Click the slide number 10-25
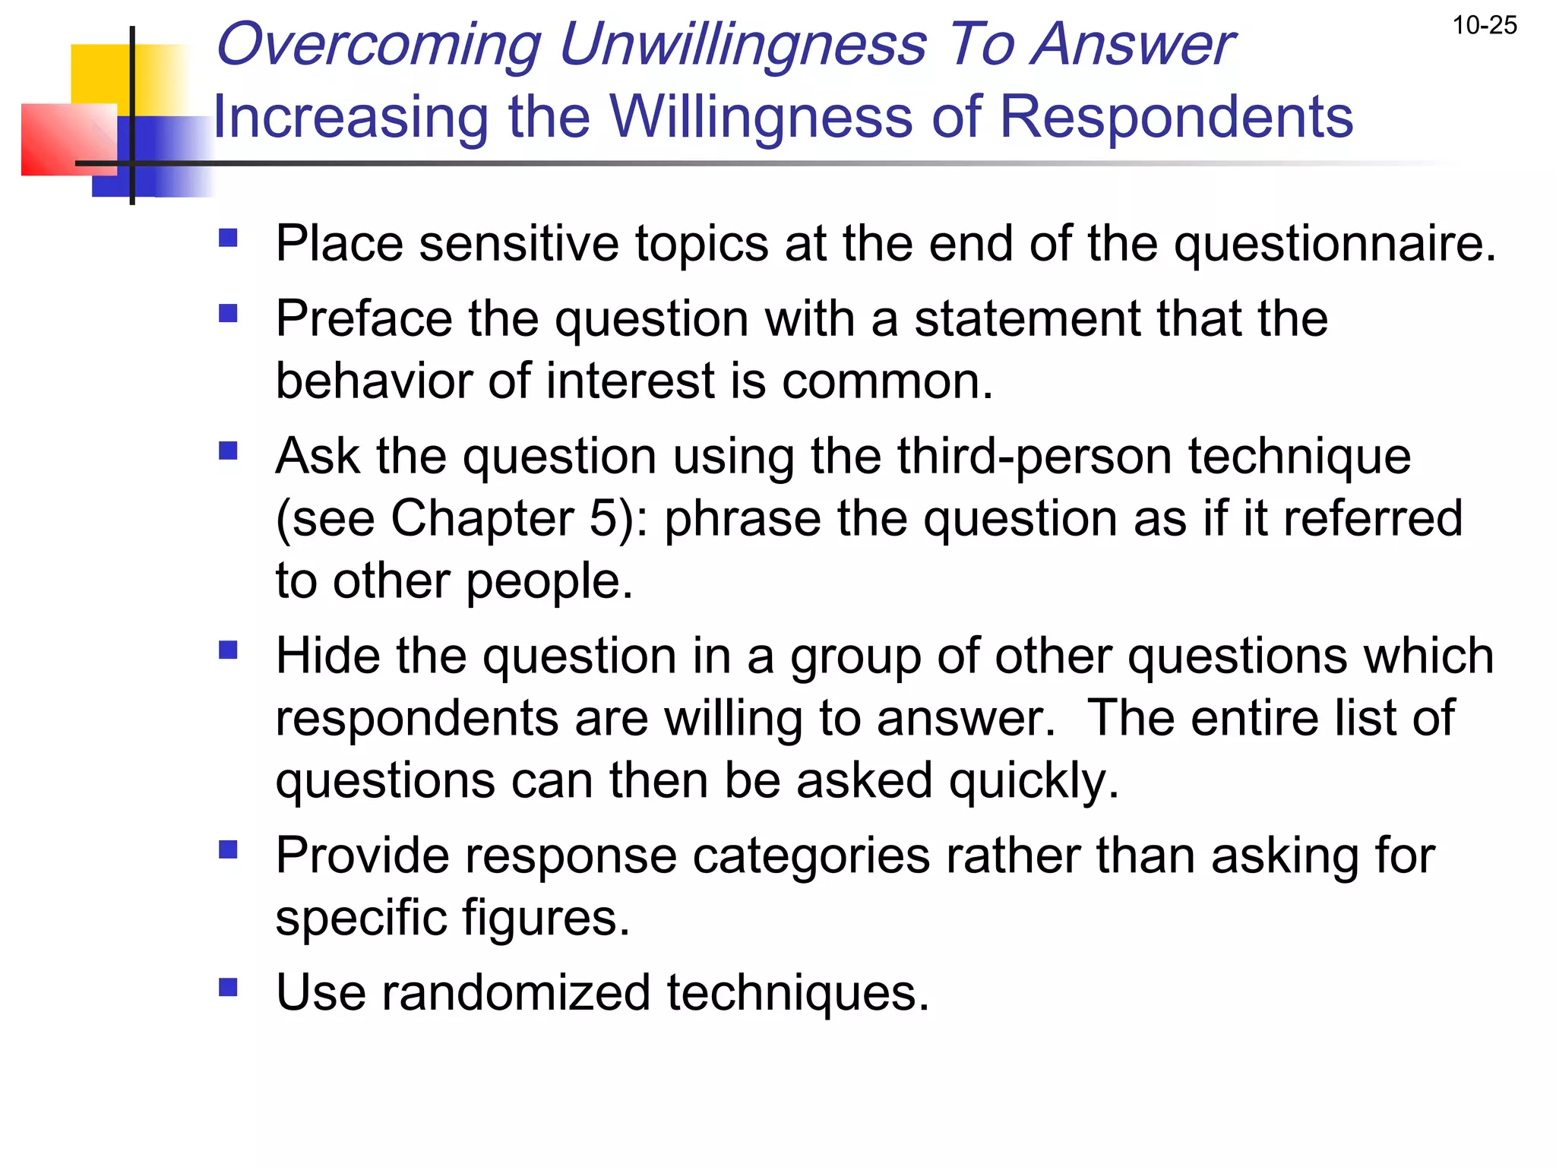point(1484,26)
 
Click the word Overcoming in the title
point(378,44)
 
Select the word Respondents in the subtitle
point(1175,117)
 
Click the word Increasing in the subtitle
point(350,117)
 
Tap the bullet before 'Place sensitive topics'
point(228,239)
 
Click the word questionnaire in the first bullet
point(1334,245)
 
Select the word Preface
point(363,318)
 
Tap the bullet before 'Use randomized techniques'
point(228,987)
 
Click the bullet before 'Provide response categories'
point(228,849)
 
